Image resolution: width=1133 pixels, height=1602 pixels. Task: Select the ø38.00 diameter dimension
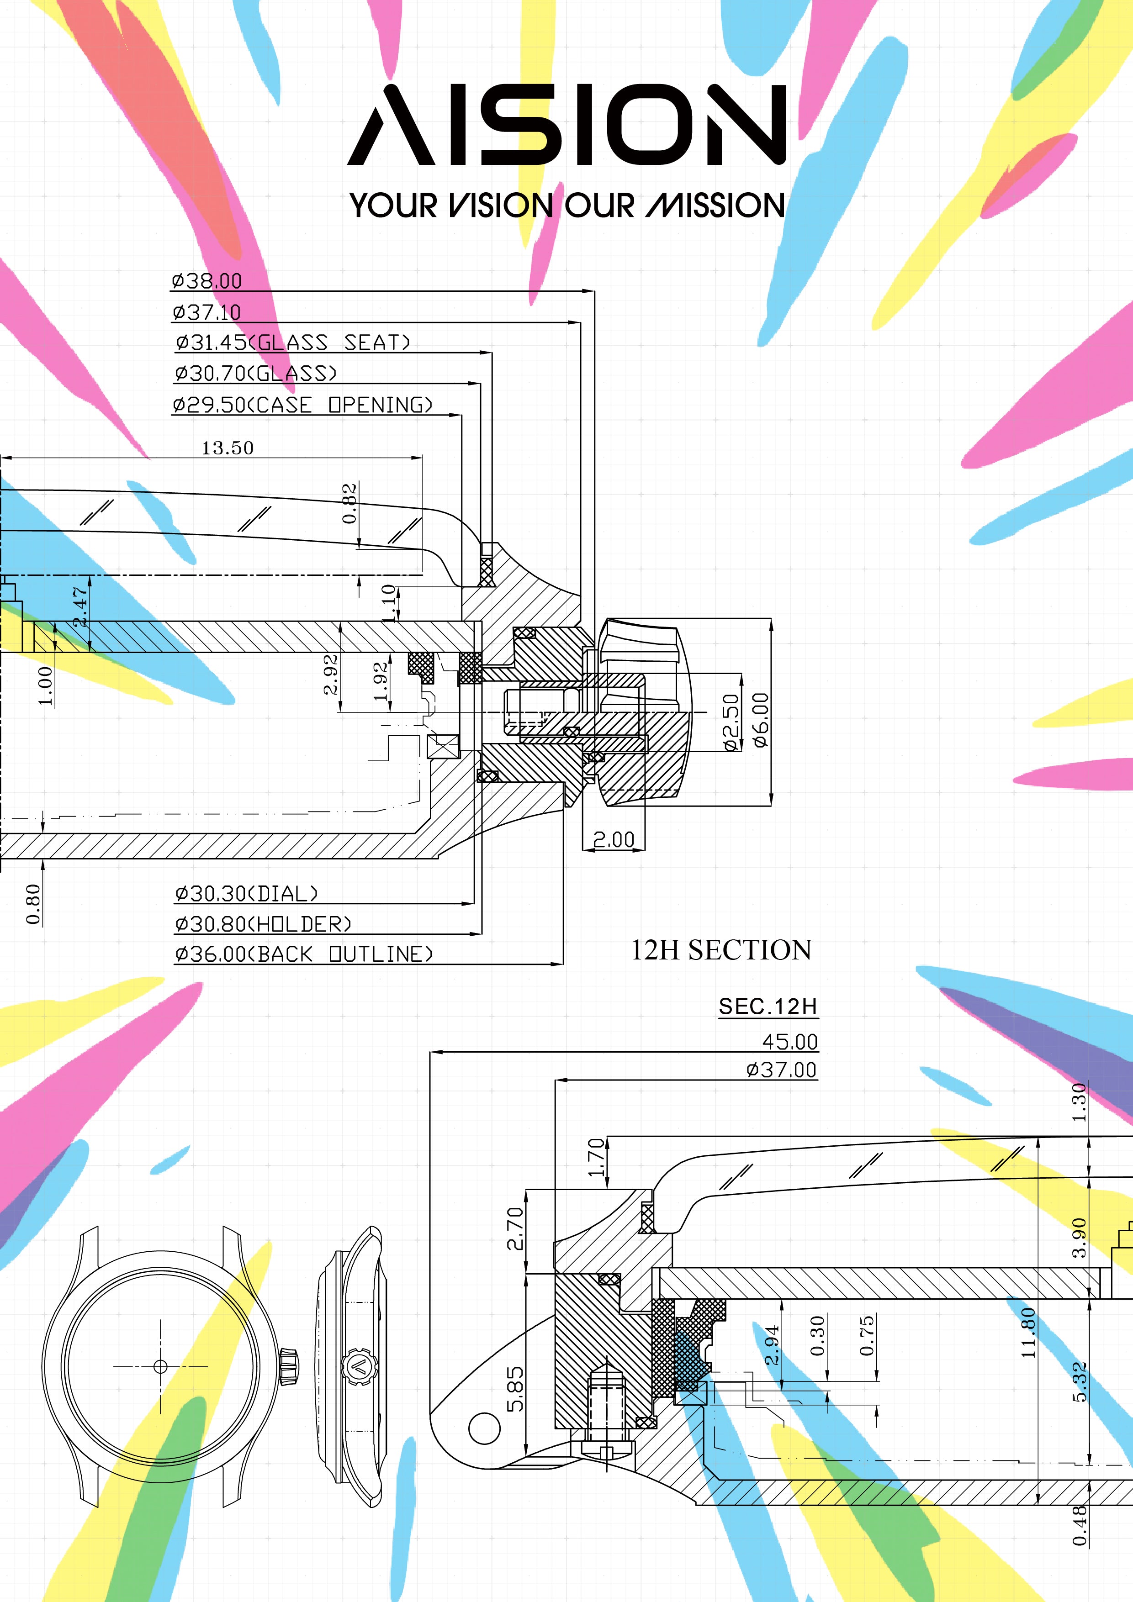tap(206, 281)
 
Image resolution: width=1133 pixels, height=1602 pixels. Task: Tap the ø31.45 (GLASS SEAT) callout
tap(292, 343)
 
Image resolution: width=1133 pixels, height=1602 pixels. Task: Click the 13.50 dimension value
tap(228, 448)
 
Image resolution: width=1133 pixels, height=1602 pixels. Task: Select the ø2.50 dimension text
tap(730, 722)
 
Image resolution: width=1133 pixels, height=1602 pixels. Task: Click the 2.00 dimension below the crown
tap(614, 839)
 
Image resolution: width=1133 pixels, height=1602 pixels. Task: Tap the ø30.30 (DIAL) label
tap(246, 894)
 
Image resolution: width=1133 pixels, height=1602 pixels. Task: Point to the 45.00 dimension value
tap(789, 1042)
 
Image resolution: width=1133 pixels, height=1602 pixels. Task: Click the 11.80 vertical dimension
tap(1028, 1333)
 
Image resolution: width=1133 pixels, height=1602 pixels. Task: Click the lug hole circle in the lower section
tap(484, 1428)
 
